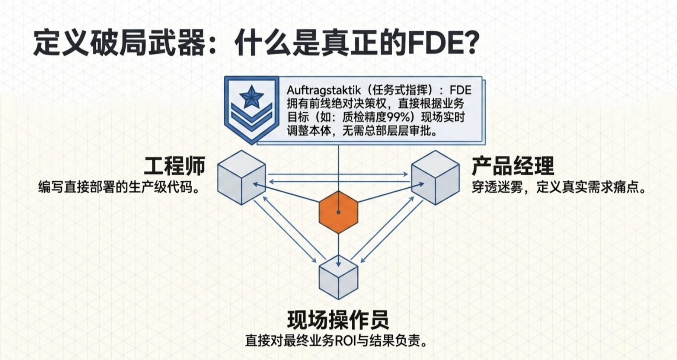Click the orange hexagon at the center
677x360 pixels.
coord(338,212)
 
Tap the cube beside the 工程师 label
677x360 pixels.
coord(241,178)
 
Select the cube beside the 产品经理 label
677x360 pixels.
coord(435,178)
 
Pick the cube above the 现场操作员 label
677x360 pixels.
coord(338,277)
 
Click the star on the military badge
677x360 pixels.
coord(251,97)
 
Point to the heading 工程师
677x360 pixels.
coord(174,166)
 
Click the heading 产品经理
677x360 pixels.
coord(513,166)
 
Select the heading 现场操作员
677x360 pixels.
coord(338,319)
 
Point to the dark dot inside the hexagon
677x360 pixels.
coord(338,212)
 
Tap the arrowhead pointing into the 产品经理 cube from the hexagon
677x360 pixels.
coord(420,185)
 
